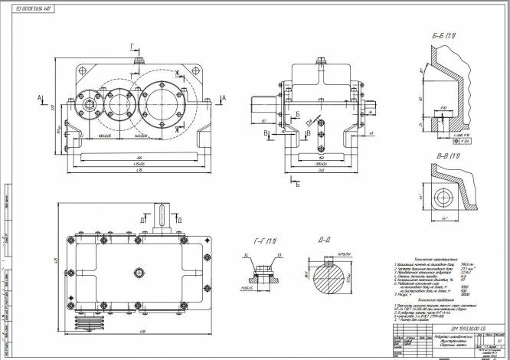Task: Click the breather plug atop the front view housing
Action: click(x=139, y=60)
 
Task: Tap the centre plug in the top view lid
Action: click(x=139, y=273)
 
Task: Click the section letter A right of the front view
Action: click(x=222, y=98)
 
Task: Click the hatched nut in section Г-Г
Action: click(x=261, y=270)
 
